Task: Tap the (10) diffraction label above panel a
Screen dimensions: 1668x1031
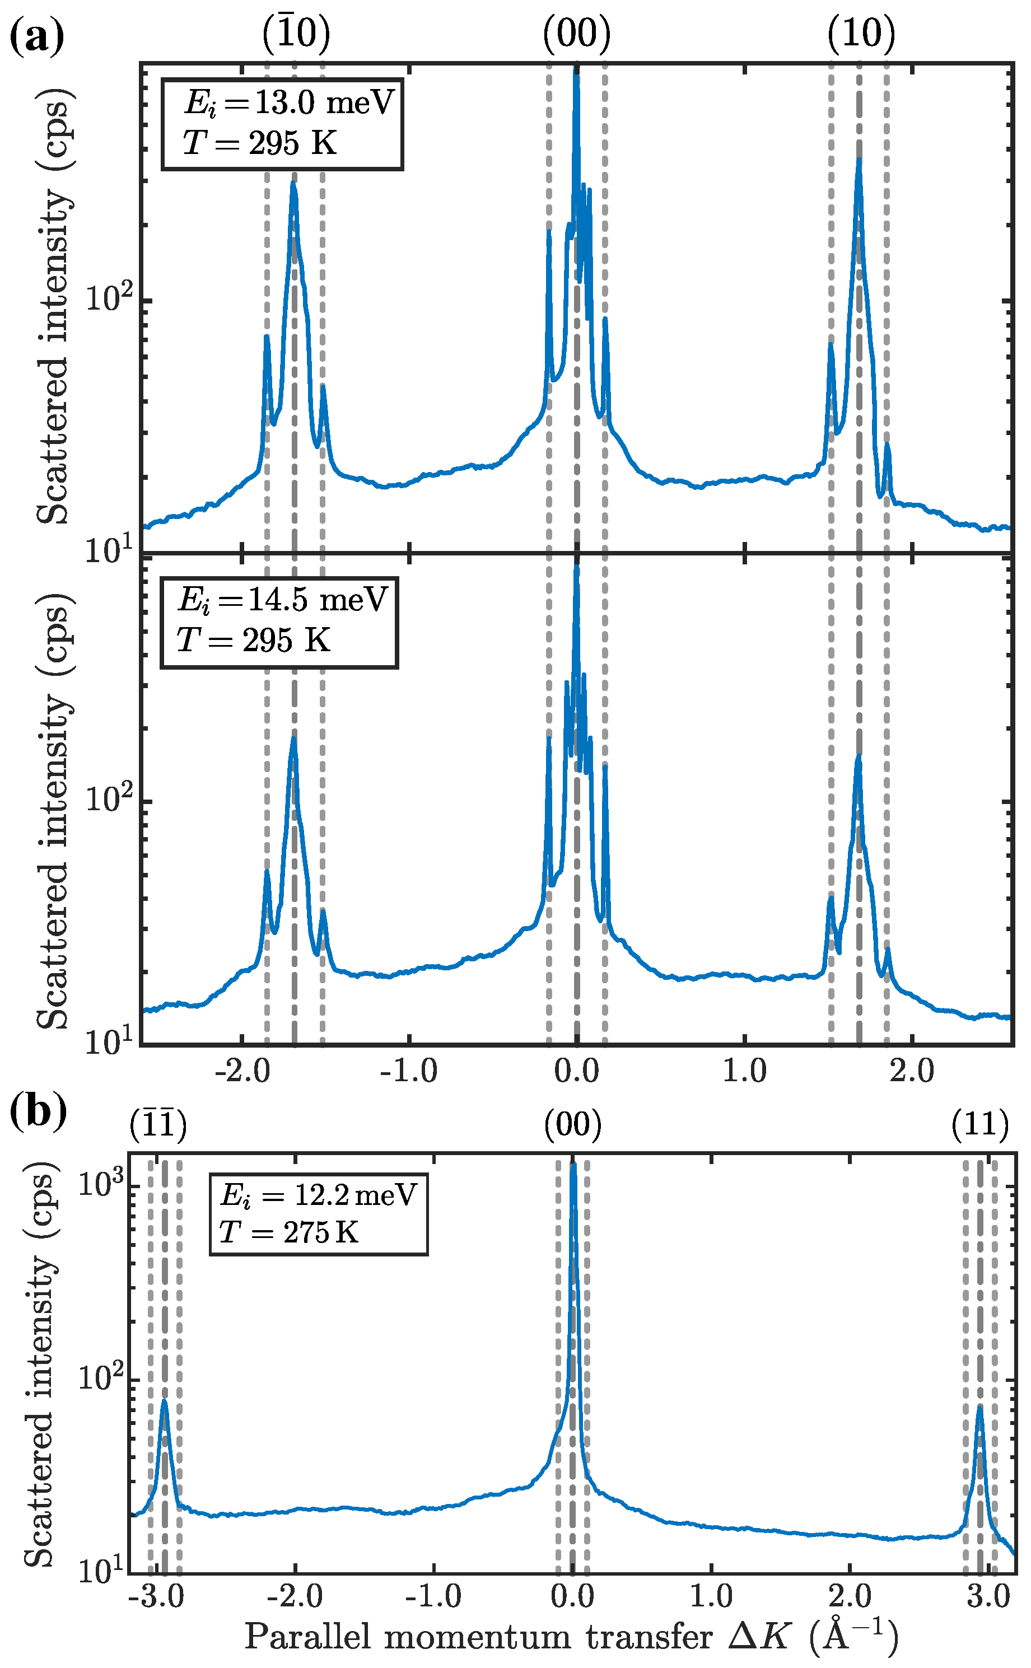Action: click(861, 34)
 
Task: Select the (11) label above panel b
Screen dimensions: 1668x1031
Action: click(980, 1125)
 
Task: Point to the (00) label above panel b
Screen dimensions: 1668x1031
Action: click(573, 1125)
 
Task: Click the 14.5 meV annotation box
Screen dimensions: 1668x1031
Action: click(279, 622)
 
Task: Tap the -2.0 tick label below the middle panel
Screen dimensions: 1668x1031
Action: click(241, 1071)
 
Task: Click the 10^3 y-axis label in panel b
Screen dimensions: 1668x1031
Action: click(99, 1184)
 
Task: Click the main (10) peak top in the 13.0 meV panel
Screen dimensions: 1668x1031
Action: click(859, 160)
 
